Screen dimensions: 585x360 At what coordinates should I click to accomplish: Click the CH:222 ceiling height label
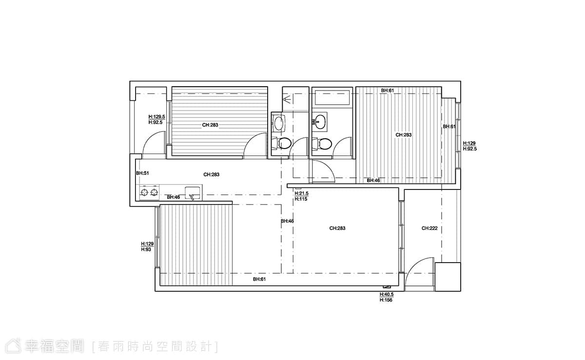coord(429,228)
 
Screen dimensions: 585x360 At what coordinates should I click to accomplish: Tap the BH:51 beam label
coord(142,173)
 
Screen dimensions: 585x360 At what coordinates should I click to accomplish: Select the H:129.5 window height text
coord(156,117)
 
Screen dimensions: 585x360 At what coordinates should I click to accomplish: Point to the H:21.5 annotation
coord(301,193)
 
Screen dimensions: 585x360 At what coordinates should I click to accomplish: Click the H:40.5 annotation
coord(387,294)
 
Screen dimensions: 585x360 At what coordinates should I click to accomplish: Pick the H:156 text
coord(386,300)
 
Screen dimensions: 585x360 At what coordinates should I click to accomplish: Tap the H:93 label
coord(146,249)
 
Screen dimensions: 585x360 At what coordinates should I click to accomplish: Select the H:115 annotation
coord(301,199)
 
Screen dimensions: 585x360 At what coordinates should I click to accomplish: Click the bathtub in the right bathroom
coord(332,97)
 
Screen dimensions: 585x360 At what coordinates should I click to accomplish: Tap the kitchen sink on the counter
coord(193,193)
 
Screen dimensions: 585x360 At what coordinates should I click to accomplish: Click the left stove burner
coord(144,192)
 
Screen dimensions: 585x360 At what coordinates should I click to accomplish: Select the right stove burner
coord(155,192)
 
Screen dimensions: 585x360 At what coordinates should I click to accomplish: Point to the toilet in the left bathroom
coord(281,143)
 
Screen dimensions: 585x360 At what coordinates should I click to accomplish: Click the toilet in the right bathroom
coord(322,144)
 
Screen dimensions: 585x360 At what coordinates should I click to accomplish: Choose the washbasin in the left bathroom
coord(278,123)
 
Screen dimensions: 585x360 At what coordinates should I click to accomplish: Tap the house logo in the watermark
coord(13,346)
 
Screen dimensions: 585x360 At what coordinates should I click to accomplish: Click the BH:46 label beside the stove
coord(174,197)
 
